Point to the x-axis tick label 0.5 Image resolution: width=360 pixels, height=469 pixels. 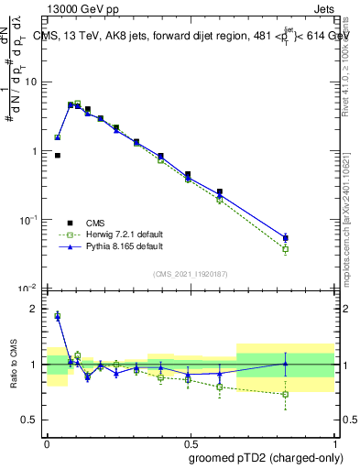[190, 440]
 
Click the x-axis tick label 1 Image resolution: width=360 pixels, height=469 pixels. [333, 440]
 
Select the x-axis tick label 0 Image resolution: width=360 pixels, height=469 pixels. [47, 440]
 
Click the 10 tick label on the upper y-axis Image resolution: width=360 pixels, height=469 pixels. [32, 82]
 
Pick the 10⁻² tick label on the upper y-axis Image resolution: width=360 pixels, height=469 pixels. [30, 289]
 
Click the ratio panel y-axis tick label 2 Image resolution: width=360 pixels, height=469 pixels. [36, 310]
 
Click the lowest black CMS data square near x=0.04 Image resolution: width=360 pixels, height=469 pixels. [57, 156]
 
